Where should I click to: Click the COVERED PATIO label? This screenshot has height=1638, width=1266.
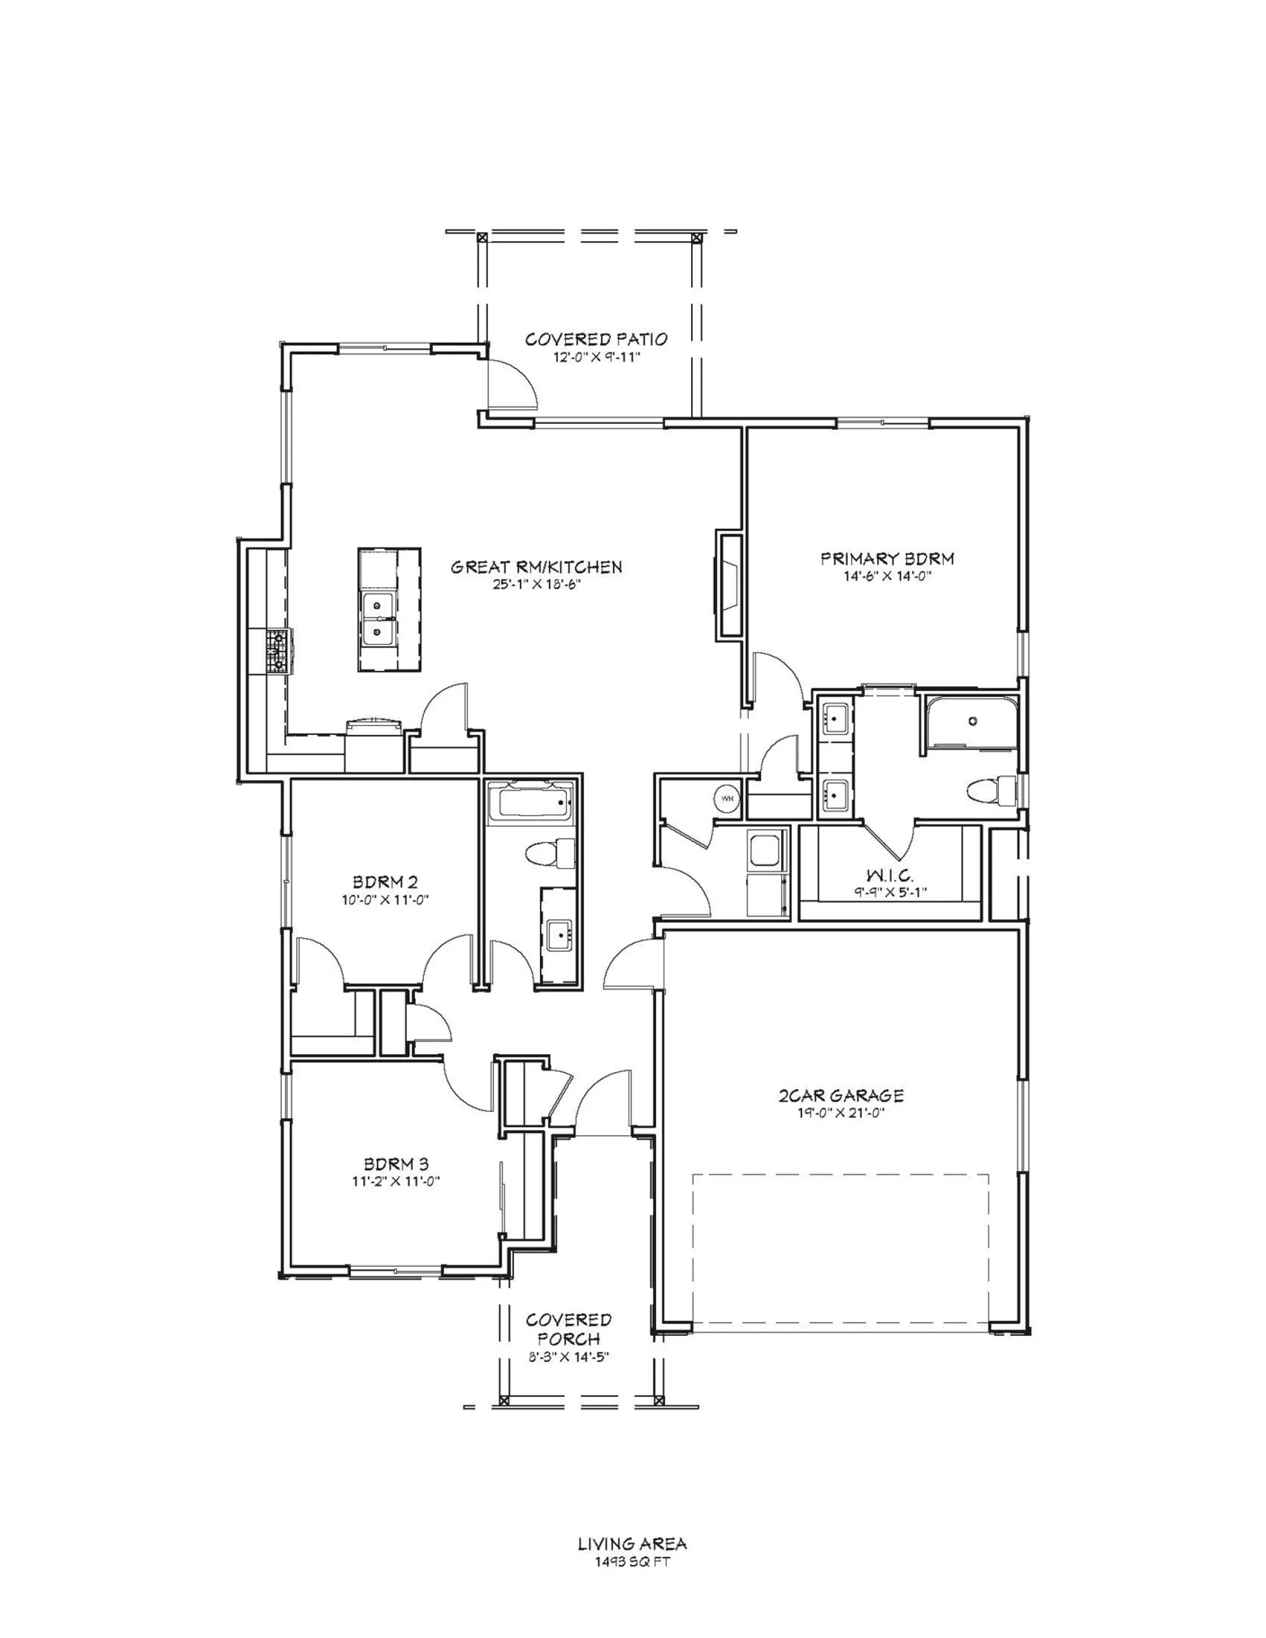pos(597,339)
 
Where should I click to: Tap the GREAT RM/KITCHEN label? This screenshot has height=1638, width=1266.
pos(536,567)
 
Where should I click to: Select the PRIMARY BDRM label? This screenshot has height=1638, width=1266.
pos(887,558)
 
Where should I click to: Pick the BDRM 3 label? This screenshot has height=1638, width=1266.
pos(397,1164)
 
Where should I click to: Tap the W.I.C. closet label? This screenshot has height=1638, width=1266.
pos(890,875)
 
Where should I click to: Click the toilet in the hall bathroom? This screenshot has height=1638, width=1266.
pos(550,854)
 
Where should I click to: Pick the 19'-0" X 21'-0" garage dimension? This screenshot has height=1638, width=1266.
pos(841,1113)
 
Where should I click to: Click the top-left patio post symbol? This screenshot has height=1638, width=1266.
pos(482,237)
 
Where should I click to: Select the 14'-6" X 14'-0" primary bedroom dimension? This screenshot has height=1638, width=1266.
pos(887,576)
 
